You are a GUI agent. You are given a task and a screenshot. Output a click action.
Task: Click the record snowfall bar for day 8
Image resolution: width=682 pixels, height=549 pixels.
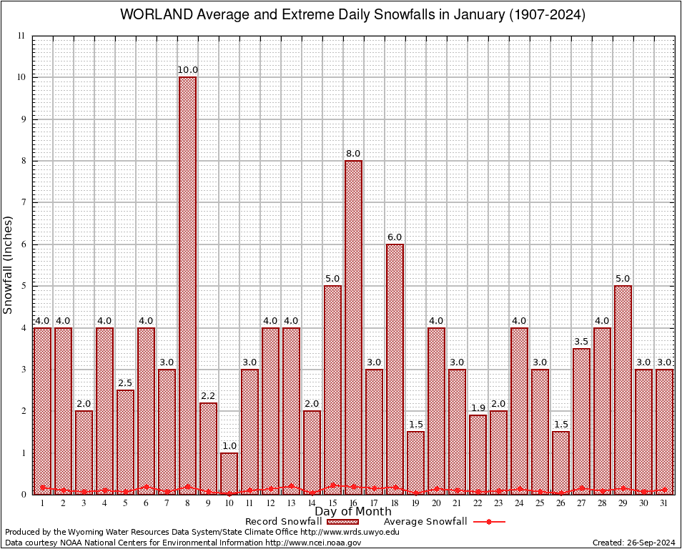(x=187, y=286)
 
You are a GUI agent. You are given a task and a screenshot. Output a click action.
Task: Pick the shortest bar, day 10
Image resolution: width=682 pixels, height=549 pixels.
(x=229, y=473)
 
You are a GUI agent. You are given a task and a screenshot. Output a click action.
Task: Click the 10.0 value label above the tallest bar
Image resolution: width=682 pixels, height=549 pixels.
(x=187, y=70)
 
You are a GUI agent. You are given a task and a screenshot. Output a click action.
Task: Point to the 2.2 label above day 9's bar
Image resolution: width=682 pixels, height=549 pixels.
(x=208, y=395)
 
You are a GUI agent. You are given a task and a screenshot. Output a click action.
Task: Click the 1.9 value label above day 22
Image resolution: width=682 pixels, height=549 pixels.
(x=478, y=408)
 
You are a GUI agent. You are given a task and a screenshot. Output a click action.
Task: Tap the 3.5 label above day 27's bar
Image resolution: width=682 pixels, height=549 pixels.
(x=581, y=342)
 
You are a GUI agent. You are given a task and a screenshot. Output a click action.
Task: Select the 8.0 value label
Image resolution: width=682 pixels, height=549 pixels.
(x=353, y=154)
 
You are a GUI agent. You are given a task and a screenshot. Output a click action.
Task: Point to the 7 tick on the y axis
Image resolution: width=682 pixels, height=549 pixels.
(x=23, y=202)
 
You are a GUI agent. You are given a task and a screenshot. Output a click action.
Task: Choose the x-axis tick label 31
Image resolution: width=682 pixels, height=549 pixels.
(x=664, y=503)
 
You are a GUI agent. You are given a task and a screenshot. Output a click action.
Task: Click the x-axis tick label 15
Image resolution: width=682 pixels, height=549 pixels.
(x=332, y=503)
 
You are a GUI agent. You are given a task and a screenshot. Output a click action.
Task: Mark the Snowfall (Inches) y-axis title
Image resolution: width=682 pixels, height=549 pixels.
(x=9, y=264)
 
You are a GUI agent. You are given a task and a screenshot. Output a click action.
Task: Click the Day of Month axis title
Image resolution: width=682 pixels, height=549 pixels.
(x=353, y=512)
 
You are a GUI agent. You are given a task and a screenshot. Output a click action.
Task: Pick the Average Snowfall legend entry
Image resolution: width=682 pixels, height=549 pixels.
(x=425, y=522)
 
